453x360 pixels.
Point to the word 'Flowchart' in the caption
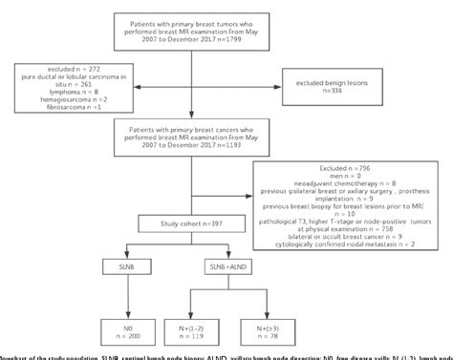click(17, 354)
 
